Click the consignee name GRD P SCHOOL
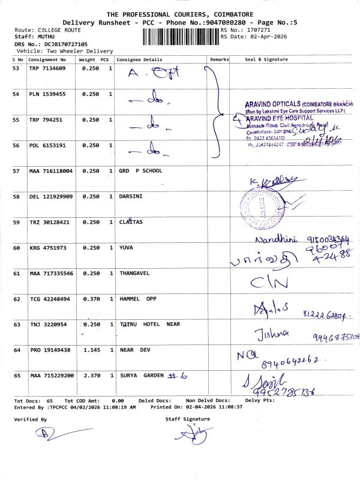click(141, 171)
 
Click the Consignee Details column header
click(139, 60)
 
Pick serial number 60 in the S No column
click(17, 247)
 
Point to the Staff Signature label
click(188, 419)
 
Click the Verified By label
click(31, 419)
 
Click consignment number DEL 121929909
click(52, 197)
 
